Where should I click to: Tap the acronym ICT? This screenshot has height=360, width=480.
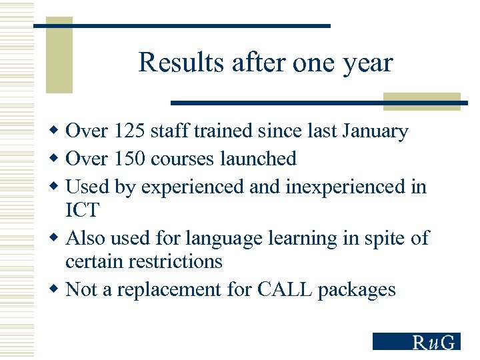[82, 211]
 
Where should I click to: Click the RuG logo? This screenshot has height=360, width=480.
[416, 341]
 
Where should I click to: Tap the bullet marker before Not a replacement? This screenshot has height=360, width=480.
[56, 289]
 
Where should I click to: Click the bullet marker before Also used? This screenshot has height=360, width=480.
[56, 238]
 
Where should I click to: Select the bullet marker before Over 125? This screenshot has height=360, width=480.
[56, 131]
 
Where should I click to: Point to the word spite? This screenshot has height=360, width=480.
[379, 239]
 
